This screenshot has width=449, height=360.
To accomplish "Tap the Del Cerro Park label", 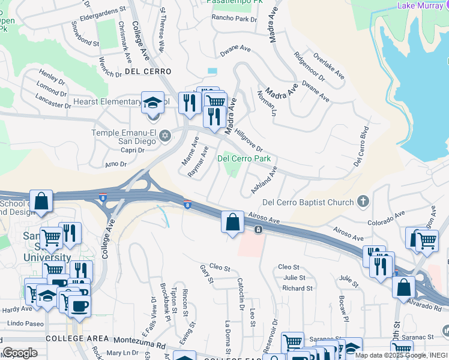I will tap(244, 159).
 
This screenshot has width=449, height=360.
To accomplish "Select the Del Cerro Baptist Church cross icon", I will tap(363, 202).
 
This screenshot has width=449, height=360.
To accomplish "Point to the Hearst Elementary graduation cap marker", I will tap(152, 103).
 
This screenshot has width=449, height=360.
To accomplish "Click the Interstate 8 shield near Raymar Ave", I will tap(188, 205).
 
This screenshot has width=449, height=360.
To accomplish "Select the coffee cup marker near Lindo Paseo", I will tap(79, 305).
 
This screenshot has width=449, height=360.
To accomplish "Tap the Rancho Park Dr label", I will tap(234, 19).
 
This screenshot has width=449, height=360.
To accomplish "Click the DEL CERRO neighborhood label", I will tap(148, 71).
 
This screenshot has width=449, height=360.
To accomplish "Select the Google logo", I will tap(20, 353).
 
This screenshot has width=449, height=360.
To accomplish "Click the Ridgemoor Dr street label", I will tap(310, 66).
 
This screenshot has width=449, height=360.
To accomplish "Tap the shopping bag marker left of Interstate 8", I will tap(41, 203).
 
